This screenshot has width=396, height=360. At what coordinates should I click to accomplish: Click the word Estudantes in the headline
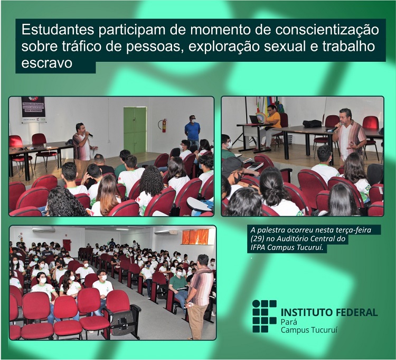[x=58, y=30]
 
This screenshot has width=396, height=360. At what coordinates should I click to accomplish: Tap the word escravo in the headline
[x=46, y=63]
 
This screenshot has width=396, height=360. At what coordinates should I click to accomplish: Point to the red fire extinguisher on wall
[x=164, y=126]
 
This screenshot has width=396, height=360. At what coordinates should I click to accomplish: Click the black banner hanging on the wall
[x=33, y=109]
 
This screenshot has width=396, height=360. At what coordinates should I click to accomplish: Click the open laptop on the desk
[x=255, y=119]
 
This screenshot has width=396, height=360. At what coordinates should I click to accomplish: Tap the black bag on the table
[x=312, y=124]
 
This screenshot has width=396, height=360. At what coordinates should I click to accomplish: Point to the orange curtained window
[x=195, y=237]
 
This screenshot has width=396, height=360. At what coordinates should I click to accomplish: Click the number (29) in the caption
[x=257, y=238]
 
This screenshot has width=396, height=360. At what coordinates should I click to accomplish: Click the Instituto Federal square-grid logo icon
[x=265, y=316]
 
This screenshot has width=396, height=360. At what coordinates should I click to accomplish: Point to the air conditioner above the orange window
[x=167, y=232]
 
